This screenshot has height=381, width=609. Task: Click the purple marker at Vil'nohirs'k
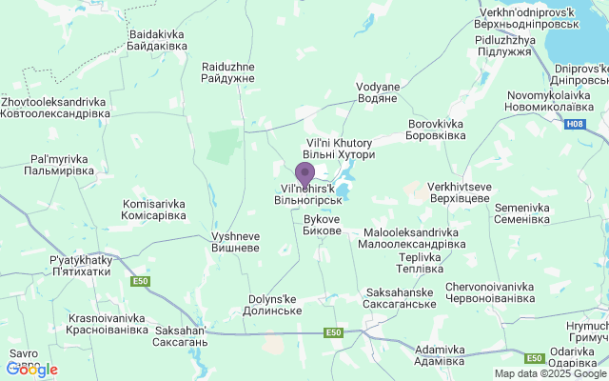304,174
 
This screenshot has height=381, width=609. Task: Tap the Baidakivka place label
157,39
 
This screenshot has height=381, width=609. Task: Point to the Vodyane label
378,91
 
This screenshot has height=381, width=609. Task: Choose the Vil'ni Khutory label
339,148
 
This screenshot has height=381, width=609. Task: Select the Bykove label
322,224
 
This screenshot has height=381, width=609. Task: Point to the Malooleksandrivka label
412,238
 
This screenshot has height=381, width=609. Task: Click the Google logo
31,370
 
